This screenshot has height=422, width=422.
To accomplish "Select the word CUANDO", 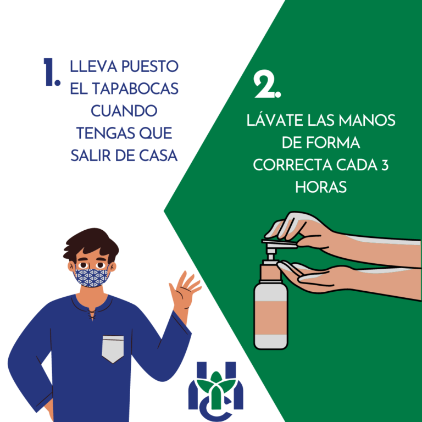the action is (x=124, y=111).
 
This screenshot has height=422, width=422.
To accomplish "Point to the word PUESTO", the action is (x=150, y=66).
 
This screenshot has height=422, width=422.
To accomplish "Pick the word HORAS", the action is (x=321, y=187).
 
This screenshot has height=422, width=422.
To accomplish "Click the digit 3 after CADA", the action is (x=385, y=165).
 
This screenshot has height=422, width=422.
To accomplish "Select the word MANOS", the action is (x=367, y=120).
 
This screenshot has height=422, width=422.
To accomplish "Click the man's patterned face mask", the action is (x=92, y=277).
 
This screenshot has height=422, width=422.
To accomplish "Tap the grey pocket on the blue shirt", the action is (x=113, y=349).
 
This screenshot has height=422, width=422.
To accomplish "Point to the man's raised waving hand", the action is (x=185, y=291).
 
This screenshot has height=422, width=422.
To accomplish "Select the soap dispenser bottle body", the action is (x=271, y=315).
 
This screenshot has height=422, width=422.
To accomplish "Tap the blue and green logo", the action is (x=216, y=391).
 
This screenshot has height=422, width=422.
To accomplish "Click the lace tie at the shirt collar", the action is (x=92, y=315).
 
